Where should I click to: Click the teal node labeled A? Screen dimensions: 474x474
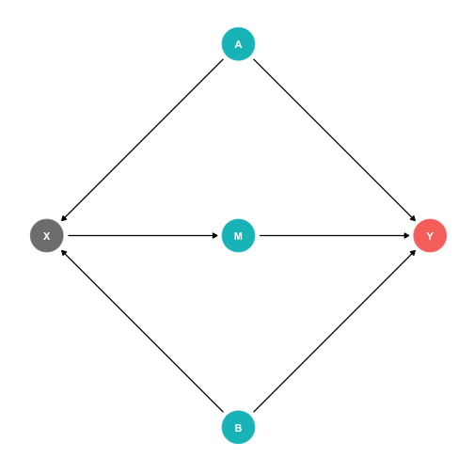tap(238, 44)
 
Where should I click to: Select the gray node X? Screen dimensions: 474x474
tap(47, 235)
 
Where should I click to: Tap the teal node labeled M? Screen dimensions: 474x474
tap(238, 235)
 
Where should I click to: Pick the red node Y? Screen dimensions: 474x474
tap(430, 235)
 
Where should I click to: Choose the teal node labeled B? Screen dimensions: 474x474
tap(238, 427)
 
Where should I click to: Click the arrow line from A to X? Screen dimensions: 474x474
tap(142, 140)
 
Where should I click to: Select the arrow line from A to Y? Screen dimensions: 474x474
tap(335, 140)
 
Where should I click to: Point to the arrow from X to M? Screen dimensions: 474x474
tap(143, 235)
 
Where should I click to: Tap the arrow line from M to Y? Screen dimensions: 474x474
tap(335, 235)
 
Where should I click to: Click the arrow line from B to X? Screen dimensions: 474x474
tap(142, 331)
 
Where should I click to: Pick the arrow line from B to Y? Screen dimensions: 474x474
tap(335, 331)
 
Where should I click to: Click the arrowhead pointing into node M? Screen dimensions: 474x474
tap(215, 235)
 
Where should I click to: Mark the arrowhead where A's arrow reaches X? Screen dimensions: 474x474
tap(63, 219)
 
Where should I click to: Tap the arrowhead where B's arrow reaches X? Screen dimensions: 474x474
tap(63, 252)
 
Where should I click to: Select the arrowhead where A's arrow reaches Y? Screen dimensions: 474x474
tap(414, 219)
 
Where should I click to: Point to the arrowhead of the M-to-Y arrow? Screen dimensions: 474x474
tap(406, 235)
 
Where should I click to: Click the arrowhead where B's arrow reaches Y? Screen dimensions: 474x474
tap(414, 252)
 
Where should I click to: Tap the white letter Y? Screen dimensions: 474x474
tap(430, 236)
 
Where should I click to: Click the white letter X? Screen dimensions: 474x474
tap(47, 236)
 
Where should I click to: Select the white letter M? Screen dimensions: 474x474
tap(238, 236)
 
